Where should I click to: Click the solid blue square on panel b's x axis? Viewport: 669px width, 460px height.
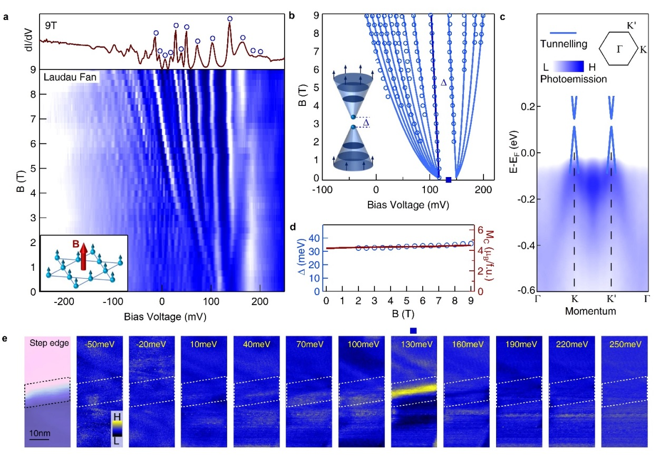coord(449,180)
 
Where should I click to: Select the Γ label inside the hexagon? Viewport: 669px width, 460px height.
coord(620,50)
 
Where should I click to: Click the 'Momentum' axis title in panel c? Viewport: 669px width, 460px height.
coord(590,311)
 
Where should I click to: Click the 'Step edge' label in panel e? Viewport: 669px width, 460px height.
coord(47,345)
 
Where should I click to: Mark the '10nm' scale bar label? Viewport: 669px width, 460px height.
coord(40,433)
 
